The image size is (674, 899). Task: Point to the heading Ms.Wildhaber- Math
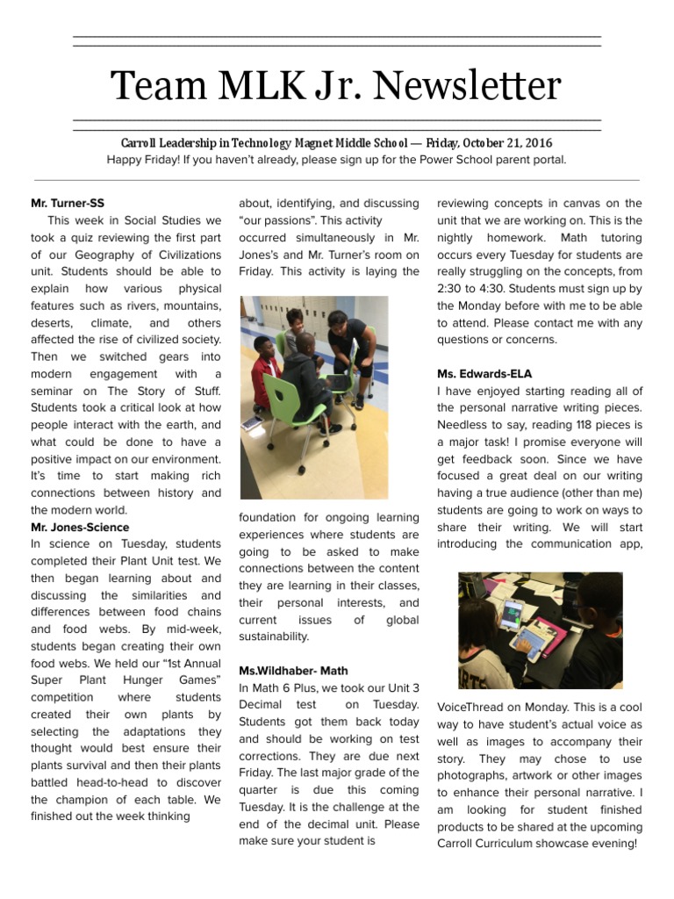tap(287, 671)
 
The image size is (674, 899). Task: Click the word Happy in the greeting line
tap(125, 160)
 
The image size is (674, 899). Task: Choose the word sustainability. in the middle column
tap(274, 636)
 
